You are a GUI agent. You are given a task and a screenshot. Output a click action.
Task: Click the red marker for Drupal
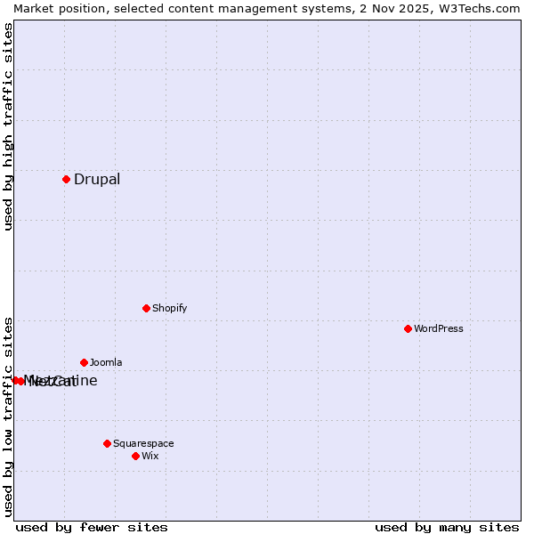coord(66,179)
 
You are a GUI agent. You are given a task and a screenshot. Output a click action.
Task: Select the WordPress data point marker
coord(408,328)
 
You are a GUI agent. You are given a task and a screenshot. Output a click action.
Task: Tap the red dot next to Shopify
coord(146,308)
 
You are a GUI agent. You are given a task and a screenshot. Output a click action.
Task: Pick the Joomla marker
coord(84,362)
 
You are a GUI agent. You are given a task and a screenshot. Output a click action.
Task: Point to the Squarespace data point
coord(107,443)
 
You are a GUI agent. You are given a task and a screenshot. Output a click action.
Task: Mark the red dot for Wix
coord(135,456)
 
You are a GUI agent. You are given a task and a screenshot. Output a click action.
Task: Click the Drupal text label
coord(97,179)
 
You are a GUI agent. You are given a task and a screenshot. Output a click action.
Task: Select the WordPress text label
coord(439,328)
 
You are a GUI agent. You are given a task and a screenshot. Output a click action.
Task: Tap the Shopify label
coord(170,308)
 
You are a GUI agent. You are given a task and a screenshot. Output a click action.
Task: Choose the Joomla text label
coord(106,362)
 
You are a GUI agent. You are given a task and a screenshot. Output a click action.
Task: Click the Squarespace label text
coord(143,443)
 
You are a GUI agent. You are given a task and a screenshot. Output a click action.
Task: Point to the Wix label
coord(150,456)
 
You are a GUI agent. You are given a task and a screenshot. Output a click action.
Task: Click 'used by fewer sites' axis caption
coord(92,527)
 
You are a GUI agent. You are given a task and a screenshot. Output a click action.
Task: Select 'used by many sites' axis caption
coord(447,527)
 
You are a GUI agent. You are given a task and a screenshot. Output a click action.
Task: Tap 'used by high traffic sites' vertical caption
coord(8,126)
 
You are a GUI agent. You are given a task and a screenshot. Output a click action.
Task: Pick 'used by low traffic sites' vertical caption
coord(8,416)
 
